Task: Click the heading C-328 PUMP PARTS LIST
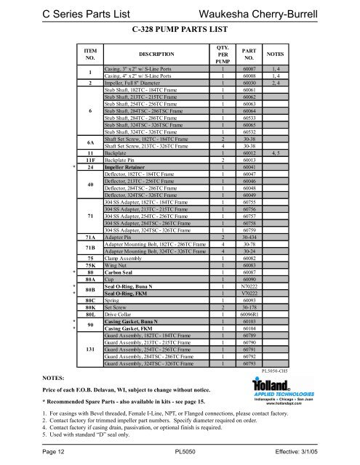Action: coord(180,31)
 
